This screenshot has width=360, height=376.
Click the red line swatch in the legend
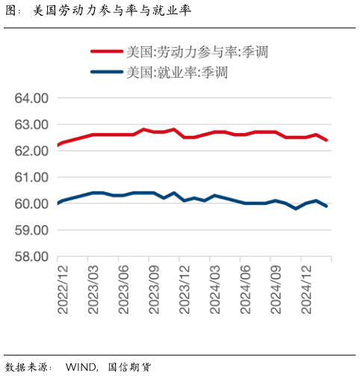coord(106,52)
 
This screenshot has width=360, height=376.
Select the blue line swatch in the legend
coord(106,73)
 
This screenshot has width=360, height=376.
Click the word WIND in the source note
coord(81,367)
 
